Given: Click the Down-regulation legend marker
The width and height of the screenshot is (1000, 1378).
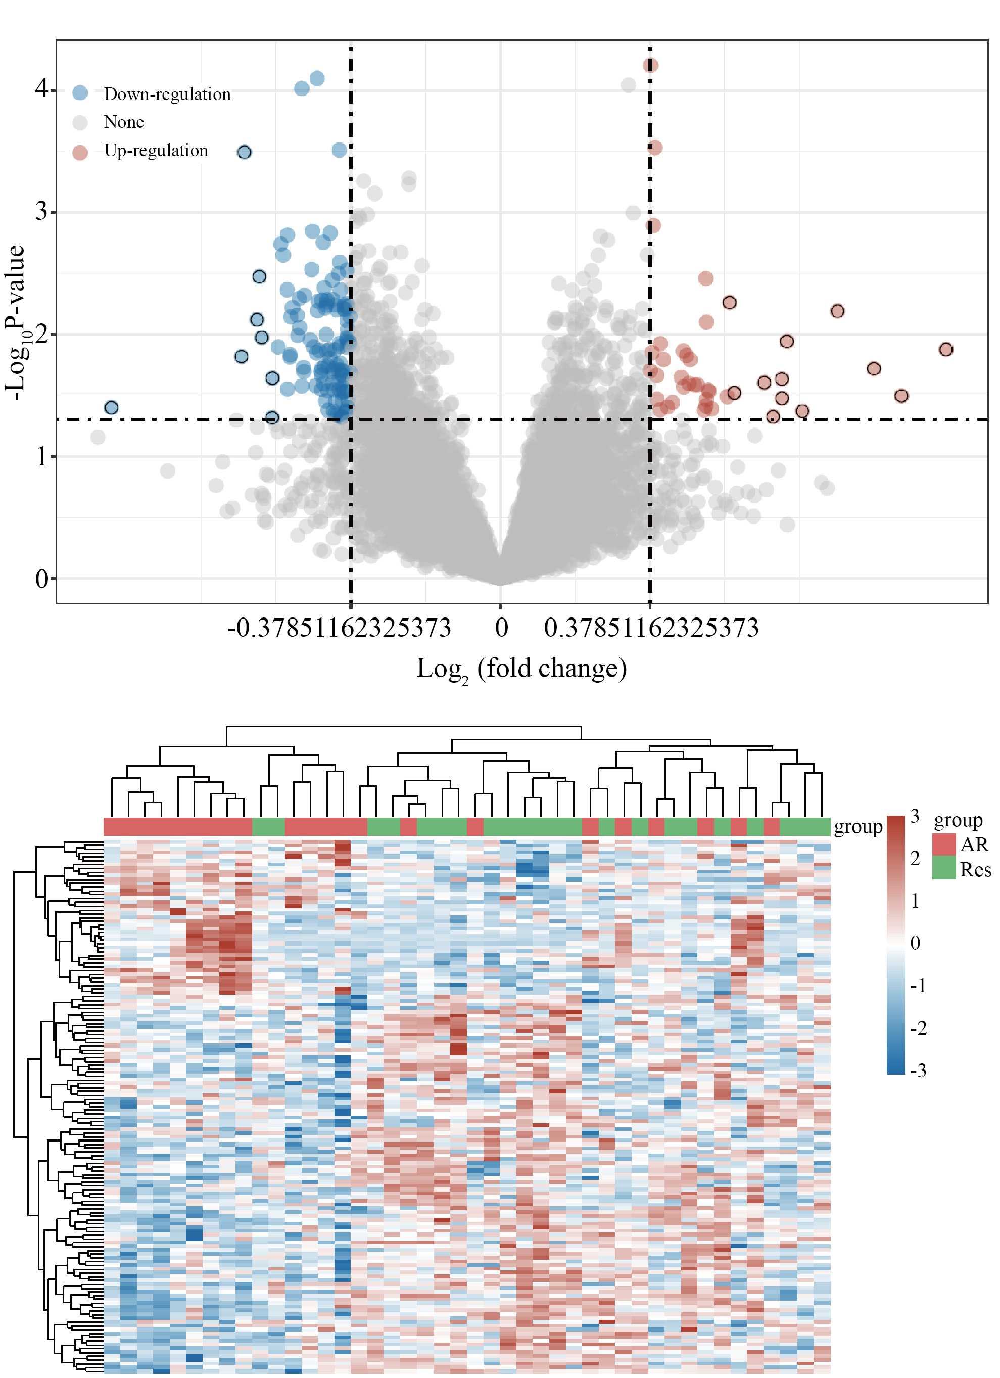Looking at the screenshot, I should pyautogui.click(x=80, y=93).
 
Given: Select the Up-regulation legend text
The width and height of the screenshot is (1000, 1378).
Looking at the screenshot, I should pyautogui.click(x=156, y=150).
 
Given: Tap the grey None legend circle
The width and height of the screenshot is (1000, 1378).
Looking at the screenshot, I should pyautogui.click(x=80, y=122).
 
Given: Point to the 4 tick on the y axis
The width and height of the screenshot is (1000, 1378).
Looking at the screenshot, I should pyautogui.click(x=41, y=89).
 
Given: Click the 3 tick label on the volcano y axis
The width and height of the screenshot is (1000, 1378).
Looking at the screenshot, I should pyautogui.click(x=41, y=211).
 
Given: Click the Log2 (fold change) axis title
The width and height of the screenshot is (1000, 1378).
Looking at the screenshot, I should pyautogui.click(x=521, y=669).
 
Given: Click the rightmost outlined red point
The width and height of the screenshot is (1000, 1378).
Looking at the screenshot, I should pyautogui.click(x=945, y=349).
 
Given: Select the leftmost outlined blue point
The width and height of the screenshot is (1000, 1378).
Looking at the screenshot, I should pyautogui.click(x=111, y=408).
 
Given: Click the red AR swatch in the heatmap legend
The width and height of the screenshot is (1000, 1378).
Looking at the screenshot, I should pyautogui.click(x=943, y=844).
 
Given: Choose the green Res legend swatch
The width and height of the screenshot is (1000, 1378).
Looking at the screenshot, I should pyautogui.click(x=943, y=868).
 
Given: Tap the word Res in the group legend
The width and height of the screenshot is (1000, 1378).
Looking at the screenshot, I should pyautogui.click(x=975, y=870).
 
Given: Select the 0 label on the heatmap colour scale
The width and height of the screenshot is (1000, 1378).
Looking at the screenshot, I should pyautogui.click(x=915, y=943).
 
